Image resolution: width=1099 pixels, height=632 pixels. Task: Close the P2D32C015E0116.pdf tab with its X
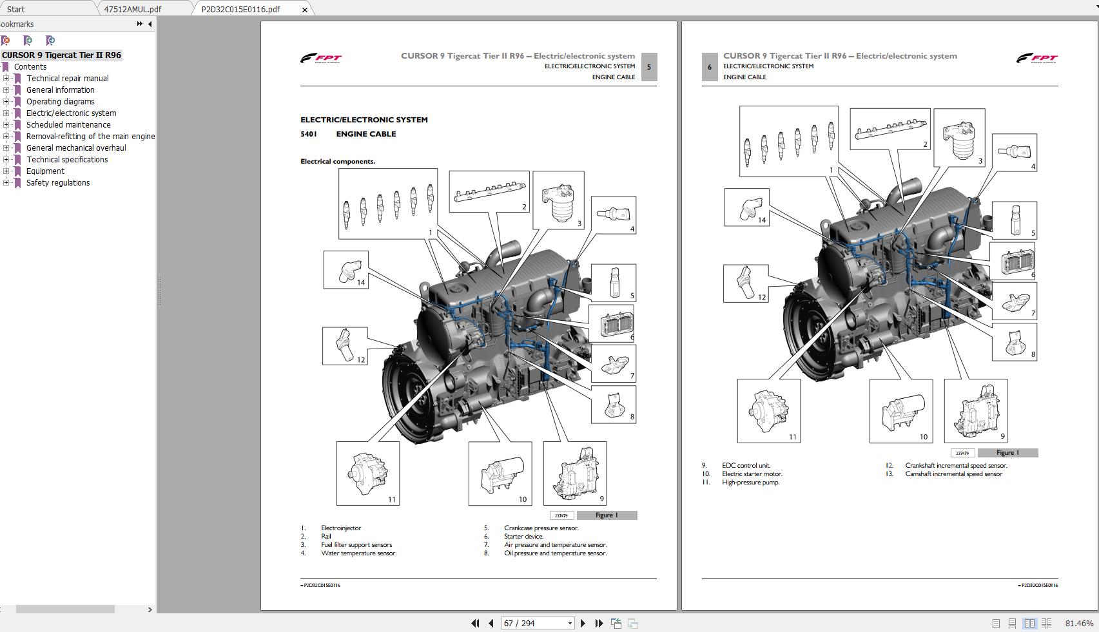tap(305, 10)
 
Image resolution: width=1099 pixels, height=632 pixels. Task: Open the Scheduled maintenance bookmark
tap(68, 124)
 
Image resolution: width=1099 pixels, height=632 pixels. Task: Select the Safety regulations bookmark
tap(58, 182)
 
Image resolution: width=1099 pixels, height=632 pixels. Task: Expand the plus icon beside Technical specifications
tap(6, 159)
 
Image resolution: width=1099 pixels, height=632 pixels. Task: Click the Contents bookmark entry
tap(30, 66)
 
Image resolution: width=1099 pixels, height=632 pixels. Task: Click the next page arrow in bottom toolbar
tap(583, 623)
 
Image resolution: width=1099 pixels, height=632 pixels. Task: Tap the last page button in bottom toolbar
tap(599, 623)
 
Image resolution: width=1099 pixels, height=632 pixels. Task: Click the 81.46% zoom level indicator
tap(1078, 623)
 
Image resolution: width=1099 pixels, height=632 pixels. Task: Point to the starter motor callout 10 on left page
tap(500, 474)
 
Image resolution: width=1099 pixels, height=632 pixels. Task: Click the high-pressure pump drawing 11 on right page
tap(768, 410)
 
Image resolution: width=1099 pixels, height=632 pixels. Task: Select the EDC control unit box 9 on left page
tap(574, 474)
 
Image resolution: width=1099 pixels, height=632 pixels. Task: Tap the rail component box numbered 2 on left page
tap(489, 191)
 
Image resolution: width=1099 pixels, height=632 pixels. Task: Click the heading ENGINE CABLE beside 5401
tap(365, 134)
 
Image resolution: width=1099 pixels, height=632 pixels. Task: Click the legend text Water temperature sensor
tap(358, 553)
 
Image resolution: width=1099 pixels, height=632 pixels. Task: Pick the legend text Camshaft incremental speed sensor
tap(953, 474)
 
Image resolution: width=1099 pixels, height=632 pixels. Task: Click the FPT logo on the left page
tap(320, 59)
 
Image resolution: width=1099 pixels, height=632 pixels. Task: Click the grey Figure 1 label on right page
tap(1007, 452)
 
